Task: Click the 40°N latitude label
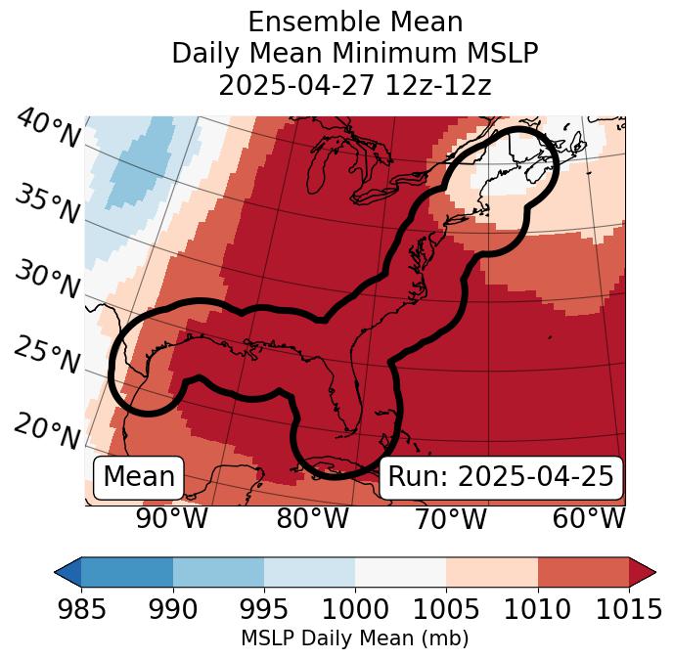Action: pos(48,129)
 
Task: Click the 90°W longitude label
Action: pos(172,519)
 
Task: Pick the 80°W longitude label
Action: pos(313,519)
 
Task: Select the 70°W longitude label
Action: pos(450,519)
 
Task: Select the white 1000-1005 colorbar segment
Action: pos(400,571)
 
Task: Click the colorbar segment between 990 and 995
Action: pos(218,571)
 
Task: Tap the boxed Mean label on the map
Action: pos(139,477)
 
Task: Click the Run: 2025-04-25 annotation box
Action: pos(500,477)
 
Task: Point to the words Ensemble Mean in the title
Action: pos(355,22)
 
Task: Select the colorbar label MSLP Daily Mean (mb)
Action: pos(355,638)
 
